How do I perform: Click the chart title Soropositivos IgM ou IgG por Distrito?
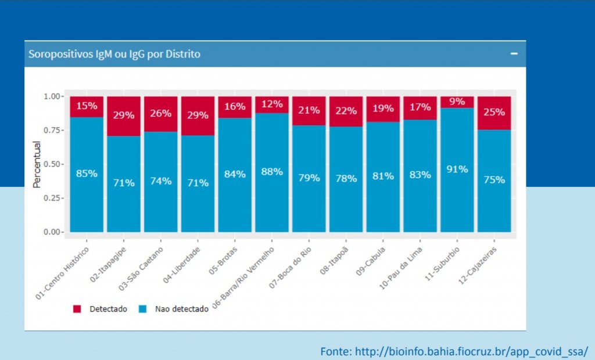click(x=114, y=54)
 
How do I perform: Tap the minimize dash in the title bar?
click(x=514, y=53)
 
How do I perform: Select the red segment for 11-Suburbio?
click(x=457, y=102)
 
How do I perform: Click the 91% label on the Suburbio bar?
click(x=457, y=169)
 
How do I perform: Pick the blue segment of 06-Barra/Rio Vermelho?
click(x=272, y=172)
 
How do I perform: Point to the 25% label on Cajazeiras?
click(x=494, y=112)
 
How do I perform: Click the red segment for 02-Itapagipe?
click(x=124, y=116)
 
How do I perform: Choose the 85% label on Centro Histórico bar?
click(x=87, y=174)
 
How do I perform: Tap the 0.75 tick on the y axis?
click(x=51, y=130)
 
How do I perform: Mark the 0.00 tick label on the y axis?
click(x=51, y=232)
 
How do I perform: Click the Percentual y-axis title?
click(x=37, y=164)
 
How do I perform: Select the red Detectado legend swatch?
click(x=77, y=309)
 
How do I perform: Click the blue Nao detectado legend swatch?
click(x=143, y=309)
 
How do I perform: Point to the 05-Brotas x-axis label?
click(x=223, y=260)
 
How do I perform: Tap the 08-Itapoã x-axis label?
click(x=334, y=260)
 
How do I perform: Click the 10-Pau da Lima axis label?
click(x=401, y=268)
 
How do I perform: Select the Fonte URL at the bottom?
click(x=454, y=352)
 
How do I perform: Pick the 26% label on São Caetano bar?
click(x=160, y=113)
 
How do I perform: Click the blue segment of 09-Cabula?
click(x=383, y=177)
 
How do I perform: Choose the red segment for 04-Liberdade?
click(x=198, y=116)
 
